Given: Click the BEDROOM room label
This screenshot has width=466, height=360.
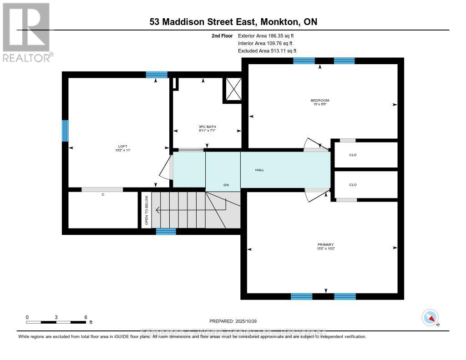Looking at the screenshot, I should [x=319, y=100].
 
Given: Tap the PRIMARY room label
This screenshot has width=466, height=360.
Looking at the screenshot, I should [x=326, y=244].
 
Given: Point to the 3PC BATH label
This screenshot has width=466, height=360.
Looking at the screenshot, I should [x=207, y=127].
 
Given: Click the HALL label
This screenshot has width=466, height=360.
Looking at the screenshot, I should [x=259, y=170].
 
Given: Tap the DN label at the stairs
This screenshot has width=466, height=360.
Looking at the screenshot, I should [x=226, y=185].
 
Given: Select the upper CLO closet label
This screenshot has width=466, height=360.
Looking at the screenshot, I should [x=353, y=155].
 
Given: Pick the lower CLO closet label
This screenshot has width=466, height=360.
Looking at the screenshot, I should [x=353, y=185].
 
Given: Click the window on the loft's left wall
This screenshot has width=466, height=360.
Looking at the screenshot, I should [x=65, y=131].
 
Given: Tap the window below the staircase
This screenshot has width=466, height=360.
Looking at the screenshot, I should [x=166, y=232].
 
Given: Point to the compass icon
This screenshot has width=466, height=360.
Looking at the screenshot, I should [x=430, y=317].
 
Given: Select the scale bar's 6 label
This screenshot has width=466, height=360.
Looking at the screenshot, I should [x=86, y=317].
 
